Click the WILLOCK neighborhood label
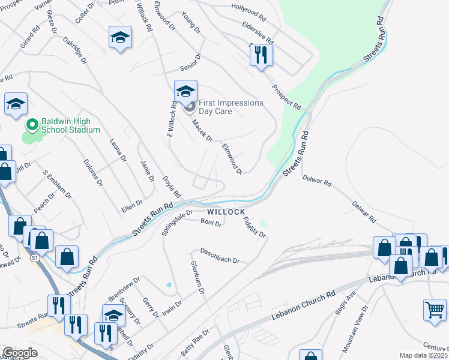tap(226, 212)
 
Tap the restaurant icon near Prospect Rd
tap(261, 56)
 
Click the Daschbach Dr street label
tap(220, 256)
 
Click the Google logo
tap(20, 353)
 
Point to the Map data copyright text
tap(424, 355)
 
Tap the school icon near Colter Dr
tap(120, 38)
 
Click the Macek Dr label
tap(202, 130)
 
